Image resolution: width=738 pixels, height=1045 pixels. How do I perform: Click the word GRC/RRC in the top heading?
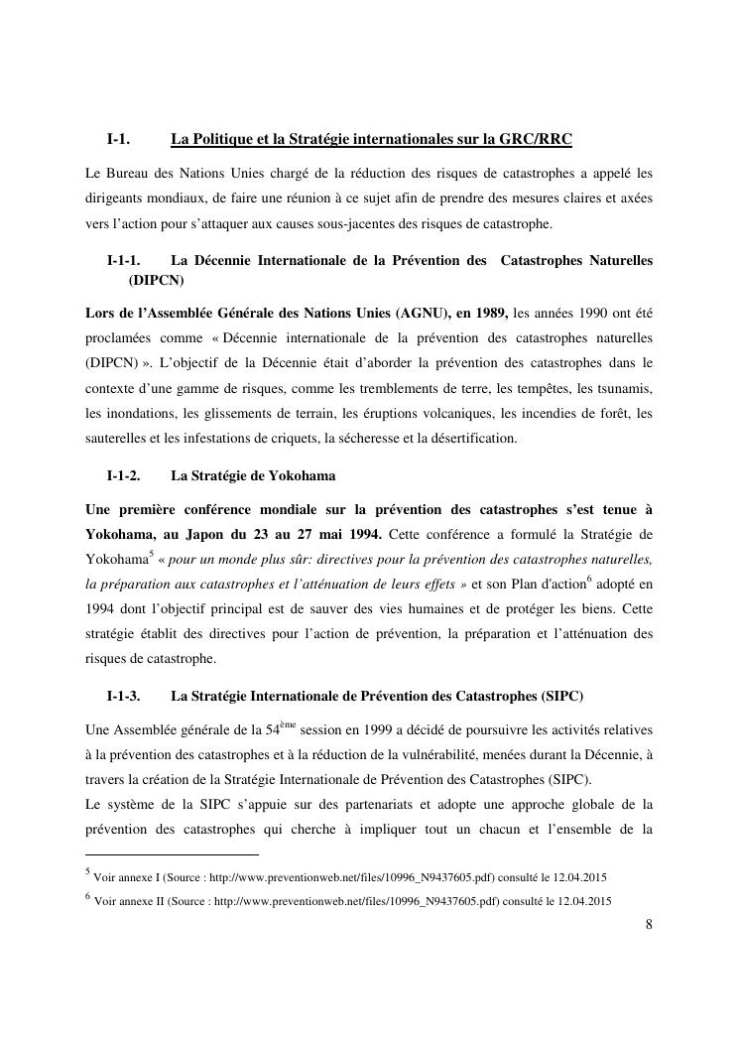click(x=538, y=138)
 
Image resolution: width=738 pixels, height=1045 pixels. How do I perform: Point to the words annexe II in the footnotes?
click(x=136, y=901)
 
